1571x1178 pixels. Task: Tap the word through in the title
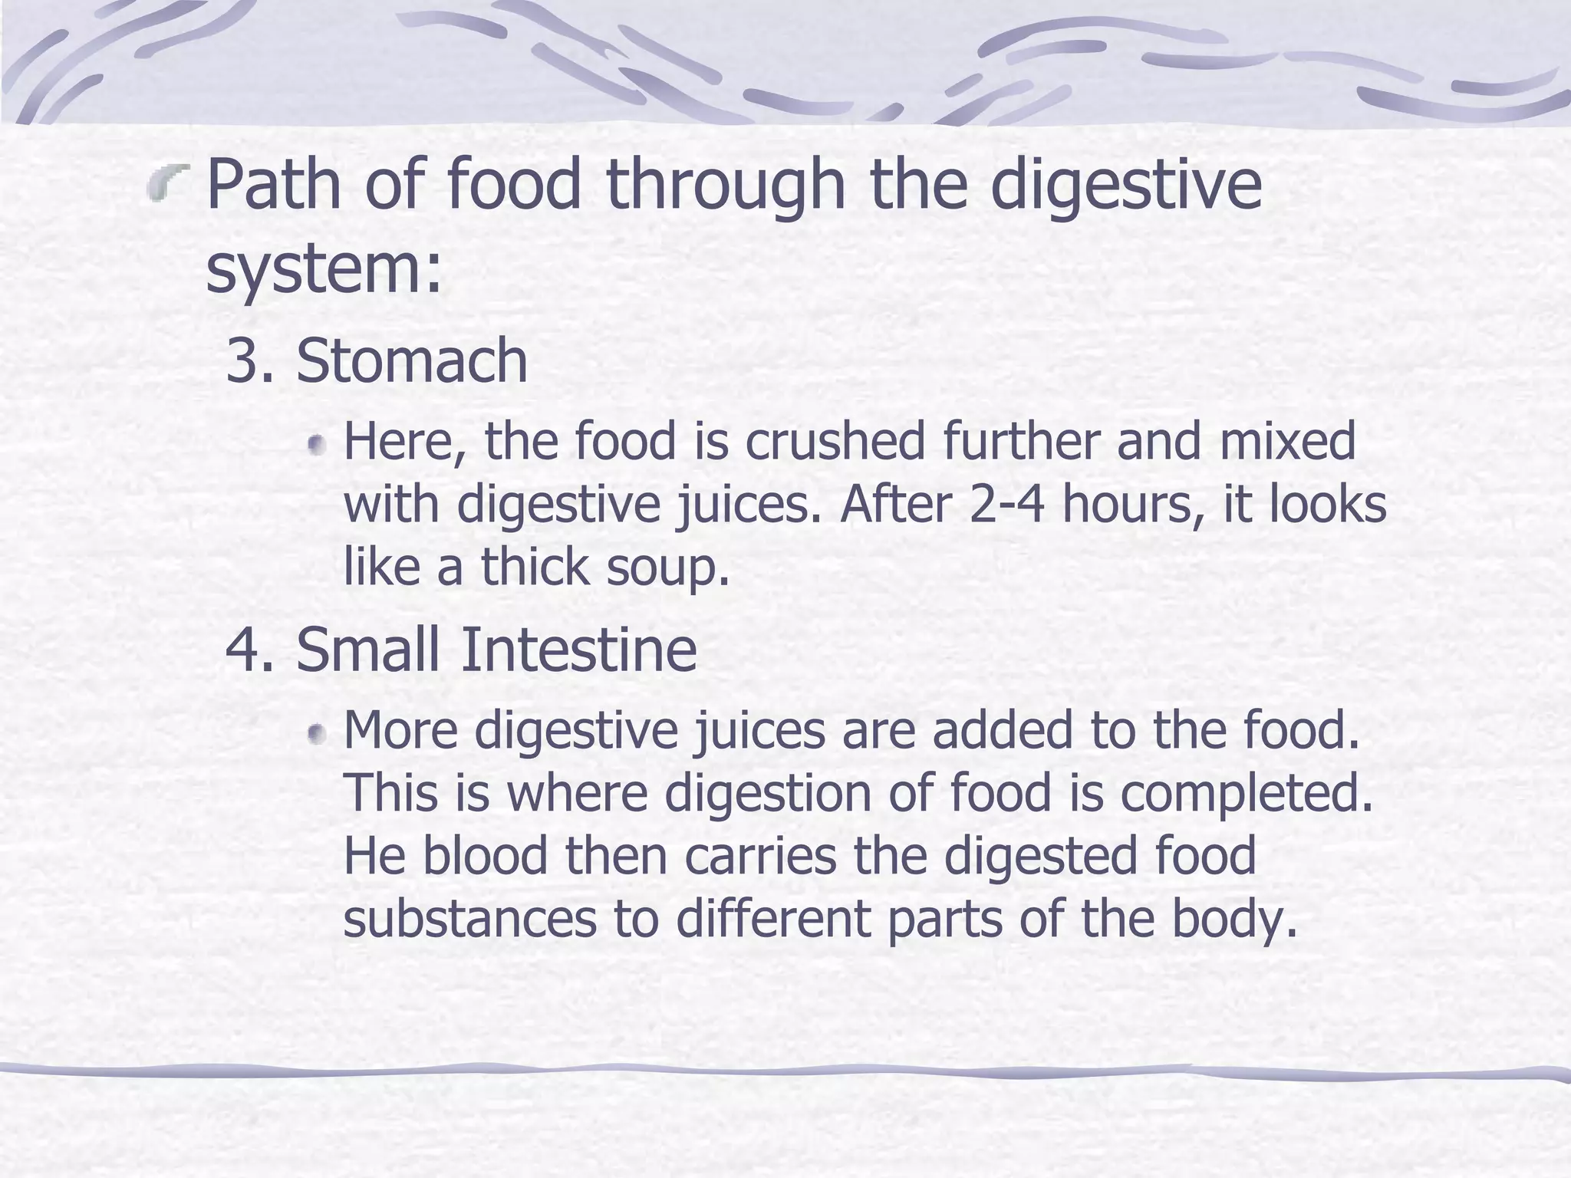tap(725, 186)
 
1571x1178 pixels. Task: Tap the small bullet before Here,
tap(316, 445)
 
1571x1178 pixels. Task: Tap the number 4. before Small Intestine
tap(250, 650)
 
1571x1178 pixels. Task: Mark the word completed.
tap(1247, 795)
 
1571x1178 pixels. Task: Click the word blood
tap(485, 856)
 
